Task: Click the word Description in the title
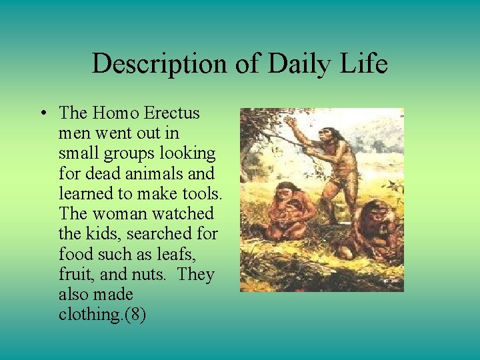(159, 64)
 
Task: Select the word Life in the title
(364, 64)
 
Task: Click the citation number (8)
(133, 314)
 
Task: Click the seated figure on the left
(286, 211)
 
